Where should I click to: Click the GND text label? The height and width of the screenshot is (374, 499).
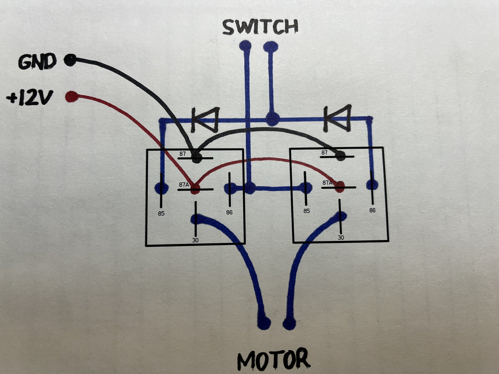(37, 62)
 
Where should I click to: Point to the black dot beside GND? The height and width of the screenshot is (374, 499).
(70, 60)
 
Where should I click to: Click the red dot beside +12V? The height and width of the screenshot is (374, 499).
(72, 97)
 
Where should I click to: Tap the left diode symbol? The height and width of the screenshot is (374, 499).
(205, 120)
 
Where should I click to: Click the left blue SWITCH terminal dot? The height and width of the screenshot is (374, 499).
(245, 46)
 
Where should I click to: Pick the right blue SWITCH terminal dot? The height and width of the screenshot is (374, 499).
(271, 47)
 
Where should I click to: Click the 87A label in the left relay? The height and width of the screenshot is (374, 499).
(184, 185)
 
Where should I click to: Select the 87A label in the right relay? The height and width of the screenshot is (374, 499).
(327, 183)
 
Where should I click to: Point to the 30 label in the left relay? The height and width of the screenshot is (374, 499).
(195, 240)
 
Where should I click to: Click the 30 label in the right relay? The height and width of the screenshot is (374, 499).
(341, 237)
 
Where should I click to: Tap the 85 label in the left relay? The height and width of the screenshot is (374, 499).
(161, 213)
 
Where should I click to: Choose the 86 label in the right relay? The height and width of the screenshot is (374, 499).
(372, 210)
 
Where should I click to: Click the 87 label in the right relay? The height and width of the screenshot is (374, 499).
(324, 152)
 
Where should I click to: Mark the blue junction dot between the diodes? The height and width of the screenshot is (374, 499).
(272, 120)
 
